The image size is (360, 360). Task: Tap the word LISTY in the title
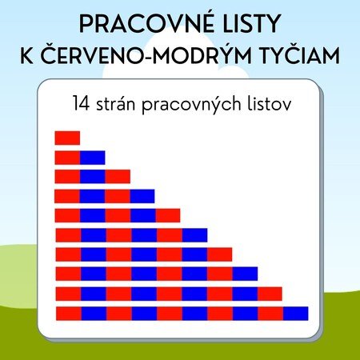252,23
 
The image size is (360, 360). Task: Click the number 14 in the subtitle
81,103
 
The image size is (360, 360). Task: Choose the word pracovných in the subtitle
191,105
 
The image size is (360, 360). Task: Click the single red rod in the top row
67,138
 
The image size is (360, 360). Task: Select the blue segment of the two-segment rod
93,158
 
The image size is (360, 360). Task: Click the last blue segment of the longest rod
296,314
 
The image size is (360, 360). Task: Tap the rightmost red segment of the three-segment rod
118,177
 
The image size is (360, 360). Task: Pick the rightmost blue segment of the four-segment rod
142,196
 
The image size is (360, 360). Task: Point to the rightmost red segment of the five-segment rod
168,215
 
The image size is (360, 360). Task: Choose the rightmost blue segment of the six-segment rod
194,235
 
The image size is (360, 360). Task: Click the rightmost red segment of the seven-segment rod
220,254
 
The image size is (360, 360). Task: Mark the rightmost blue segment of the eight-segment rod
245,274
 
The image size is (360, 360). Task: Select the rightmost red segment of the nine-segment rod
270,294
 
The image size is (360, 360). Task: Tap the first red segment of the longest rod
69,314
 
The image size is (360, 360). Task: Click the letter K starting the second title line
26,55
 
